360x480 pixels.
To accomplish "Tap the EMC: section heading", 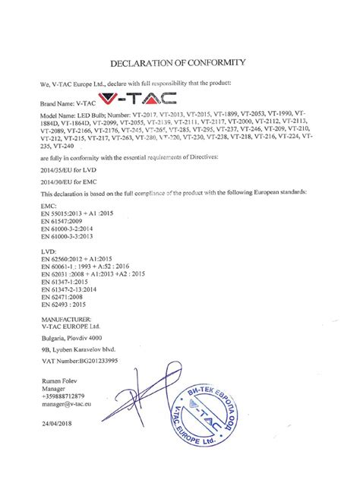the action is [x=47, y=206].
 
